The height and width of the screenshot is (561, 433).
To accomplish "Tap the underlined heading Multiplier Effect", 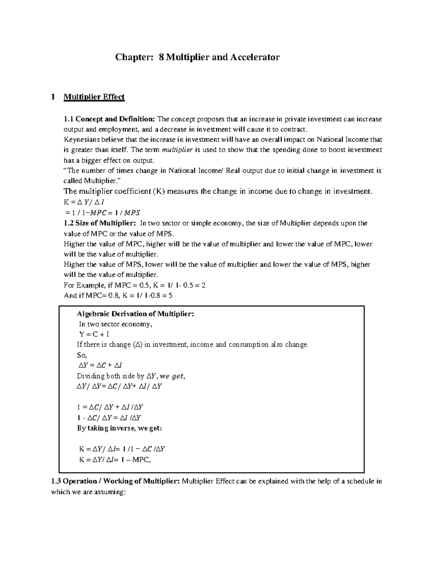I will click(x=94, y=97).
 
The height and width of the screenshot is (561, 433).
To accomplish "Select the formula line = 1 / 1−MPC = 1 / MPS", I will click(x=102, y=212).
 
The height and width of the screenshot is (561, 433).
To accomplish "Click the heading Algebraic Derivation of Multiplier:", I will click(x=136, y=314).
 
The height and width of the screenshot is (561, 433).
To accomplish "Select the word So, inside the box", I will click(x=82, y=355).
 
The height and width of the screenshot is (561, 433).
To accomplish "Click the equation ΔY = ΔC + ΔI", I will click(x=97, y=365).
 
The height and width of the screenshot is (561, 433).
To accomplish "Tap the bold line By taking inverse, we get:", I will click(x=120, y=428).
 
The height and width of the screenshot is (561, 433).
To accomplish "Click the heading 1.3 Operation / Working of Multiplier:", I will click(x=115, y=481).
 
